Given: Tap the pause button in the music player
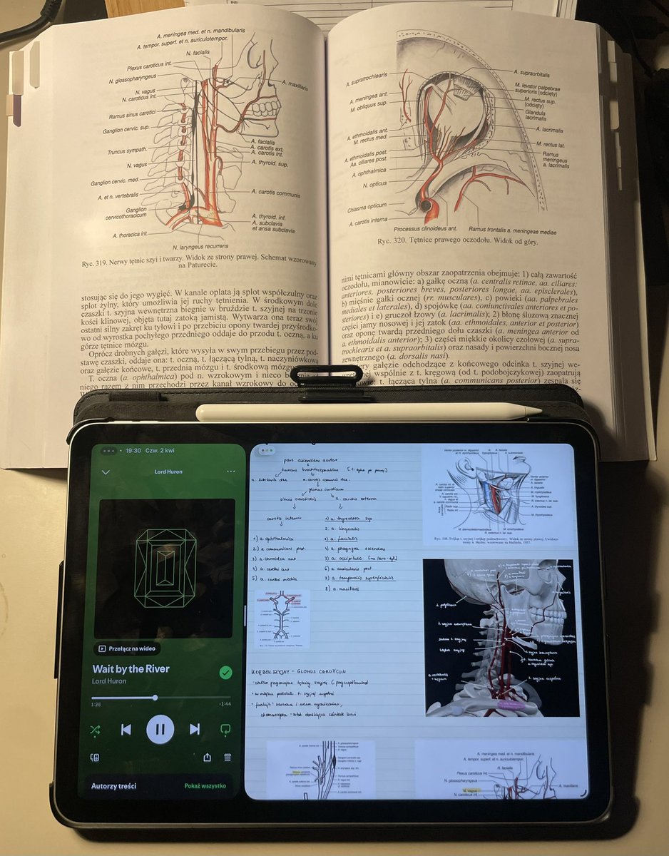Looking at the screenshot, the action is [x=160, y=729].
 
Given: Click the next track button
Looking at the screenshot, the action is [x=195, y=729].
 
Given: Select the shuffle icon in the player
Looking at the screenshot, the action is [x=96, y=729].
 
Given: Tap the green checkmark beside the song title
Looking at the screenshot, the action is [x=225, y=673].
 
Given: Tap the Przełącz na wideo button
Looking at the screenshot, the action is [x=127, y=648].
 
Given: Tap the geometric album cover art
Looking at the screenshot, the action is [x=166, y=568].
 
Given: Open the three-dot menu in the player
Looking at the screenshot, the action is [x=230, y=472].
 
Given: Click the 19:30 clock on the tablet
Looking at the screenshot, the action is [x=132, y=451].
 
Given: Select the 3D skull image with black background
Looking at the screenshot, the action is [x=501, y=636].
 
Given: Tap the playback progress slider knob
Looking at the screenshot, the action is [x=155, y=698].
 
